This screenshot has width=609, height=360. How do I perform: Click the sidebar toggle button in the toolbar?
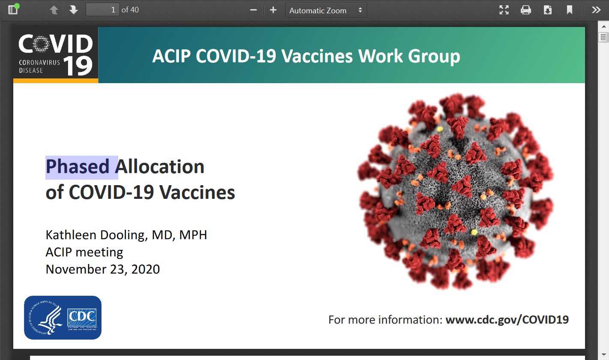pos(13,10)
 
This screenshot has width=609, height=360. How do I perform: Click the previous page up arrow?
pos(54,10)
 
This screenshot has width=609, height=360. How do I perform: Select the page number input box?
pos(102,10)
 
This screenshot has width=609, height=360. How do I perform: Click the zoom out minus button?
pos(254,10)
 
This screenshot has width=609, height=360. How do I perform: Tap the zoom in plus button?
pos(273,10)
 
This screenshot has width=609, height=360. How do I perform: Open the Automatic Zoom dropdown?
pos(326,10)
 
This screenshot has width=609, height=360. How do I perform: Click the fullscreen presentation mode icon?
pos(504,10)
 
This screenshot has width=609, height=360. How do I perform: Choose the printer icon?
pos(525,10)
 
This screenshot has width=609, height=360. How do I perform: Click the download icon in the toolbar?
pos(548,10)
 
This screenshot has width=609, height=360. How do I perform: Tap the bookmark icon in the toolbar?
pos(569,10)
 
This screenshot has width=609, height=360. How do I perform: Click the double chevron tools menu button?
pos(596,10)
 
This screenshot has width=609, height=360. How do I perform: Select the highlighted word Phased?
pos(78,167)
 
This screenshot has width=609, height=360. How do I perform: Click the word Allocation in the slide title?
pos(160,167)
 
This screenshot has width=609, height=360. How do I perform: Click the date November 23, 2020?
pos(103,270)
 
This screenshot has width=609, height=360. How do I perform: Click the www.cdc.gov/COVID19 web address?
pos(507,320)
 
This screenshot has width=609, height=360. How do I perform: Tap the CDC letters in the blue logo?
pos(82,317)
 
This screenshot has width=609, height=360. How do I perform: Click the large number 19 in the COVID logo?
pos(78,66)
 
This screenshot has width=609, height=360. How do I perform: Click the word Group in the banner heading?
pos(434,56)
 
